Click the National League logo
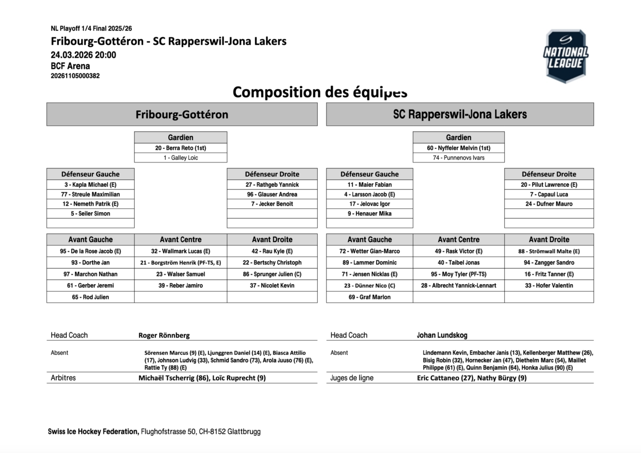(566, 56)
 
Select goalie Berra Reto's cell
(181, 148)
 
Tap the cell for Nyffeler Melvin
(458, 148)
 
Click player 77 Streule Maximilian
(90, 194)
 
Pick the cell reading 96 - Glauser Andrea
(272, 194)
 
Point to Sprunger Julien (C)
(272, 274)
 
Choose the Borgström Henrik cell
(181, 263)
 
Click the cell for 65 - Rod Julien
(90, 297)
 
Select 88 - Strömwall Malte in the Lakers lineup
(549, 251)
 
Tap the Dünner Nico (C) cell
(369, 286)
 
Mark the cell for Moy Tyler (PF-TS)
(458, 274)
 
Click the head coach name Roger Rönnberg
(164, 335)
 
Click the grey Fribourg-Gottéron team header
(182, 114)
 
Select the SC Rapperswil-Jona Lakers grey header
(460, 114)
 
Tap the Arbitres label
(63, 378)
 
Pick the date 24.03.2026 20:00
(83, 54)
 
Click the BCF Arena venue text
(71, 66)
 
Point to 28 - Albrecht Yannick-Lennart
(458, 286)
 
